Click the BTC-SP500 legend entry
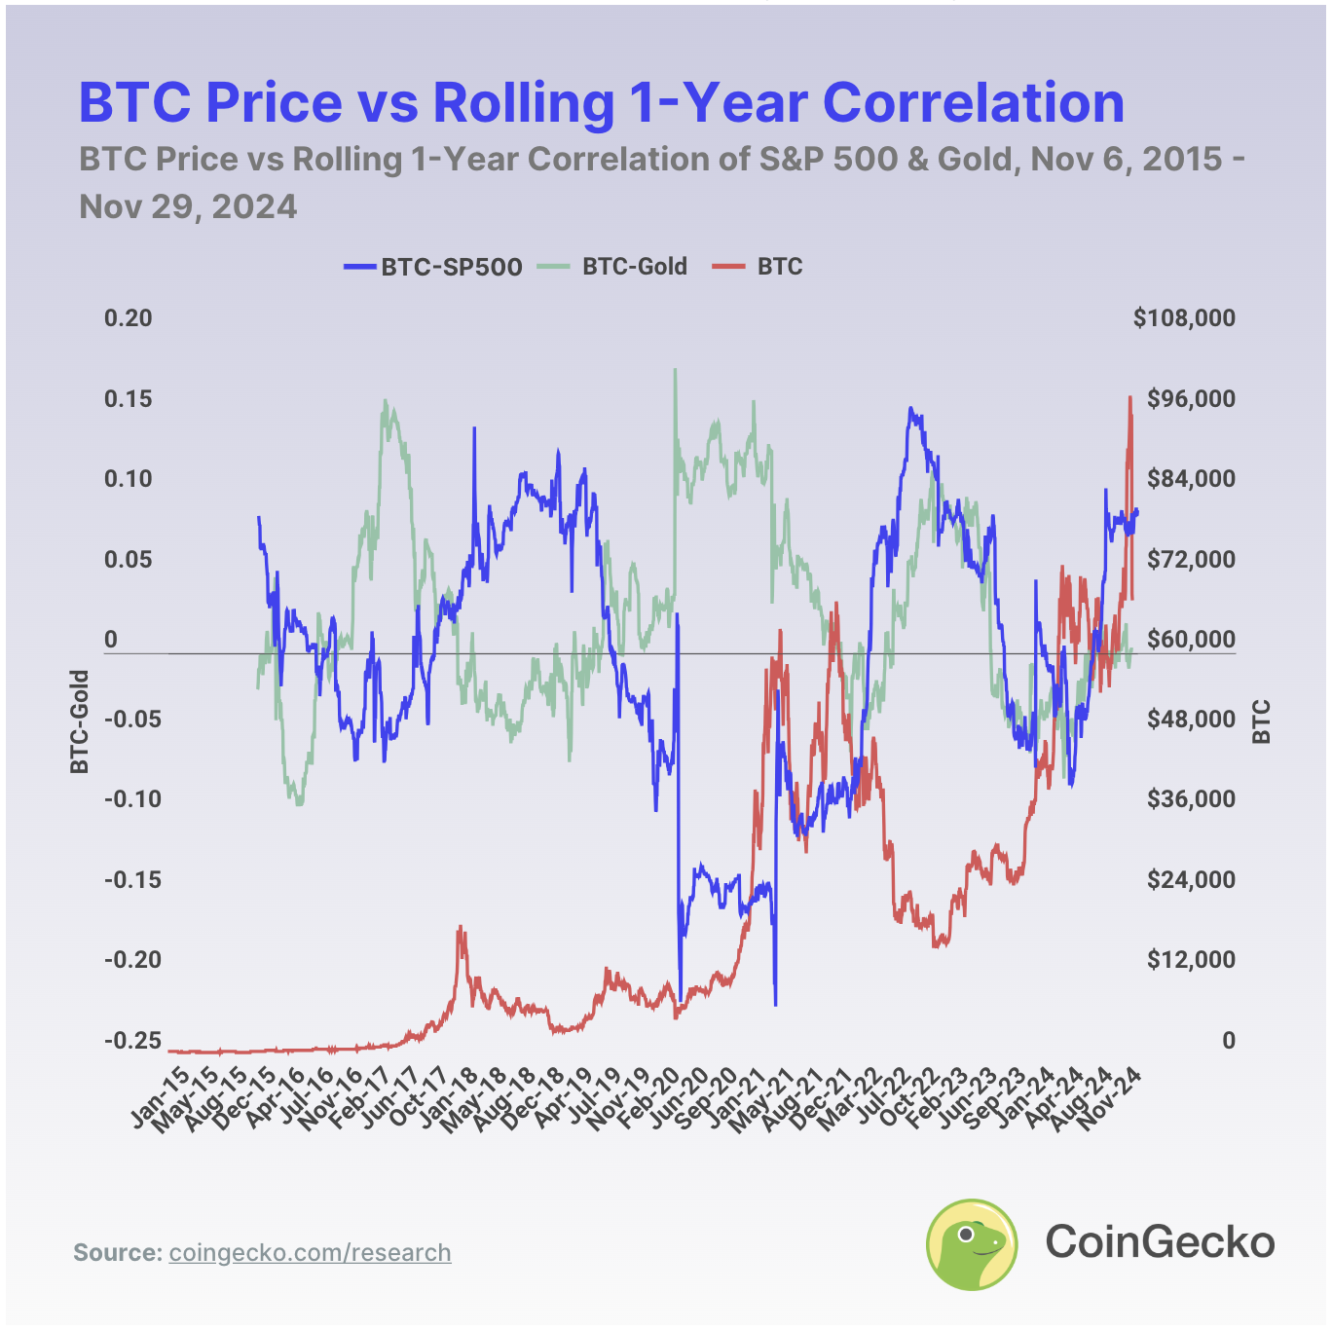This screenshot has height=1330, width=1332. [433, 267]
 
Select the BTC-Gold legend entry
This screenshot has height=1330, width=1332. [614, 267]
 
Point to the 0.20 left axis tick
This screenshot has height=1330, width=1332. [129, 318]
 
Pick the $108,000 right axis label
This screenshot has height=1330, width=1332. [1184, 318]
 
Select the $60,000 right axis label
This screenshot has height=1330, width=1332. [1190, 640]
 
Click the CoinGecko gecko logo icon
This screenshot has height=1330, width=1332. [971, 1243]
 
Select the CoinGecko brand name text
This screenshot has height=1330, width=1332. [1160, 1242]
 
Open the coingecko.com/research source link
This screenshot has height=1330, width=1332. [310, 1252]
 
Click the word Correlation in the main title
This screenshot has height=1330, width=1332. [974, 101]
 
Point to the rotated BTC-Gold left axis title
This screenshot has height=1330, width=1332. [79, 721]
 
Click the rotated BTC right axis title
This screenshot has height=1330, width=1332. [1262, 721]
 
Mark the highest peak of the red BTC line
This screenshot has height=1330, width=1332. [1130, 397]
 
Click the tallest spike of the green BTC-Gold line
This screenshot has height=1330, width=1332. [675, 370]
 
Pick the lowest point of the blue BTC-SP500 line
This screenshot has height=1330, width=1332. [775, 1004]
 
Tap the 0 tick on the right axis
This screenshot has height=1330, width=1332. [1229, 1040]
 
